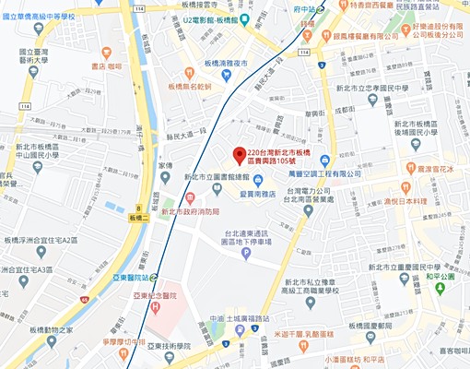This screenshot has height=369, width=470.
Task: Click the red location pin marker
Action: (x=238, y=154)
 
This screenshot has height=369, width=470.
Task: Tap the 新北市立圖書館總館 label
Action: (x=217, y=176)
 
